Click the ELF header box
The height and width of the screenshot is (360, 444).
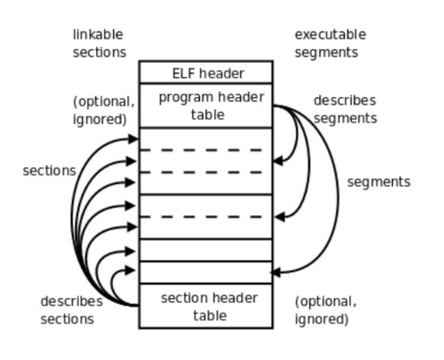(205, 72)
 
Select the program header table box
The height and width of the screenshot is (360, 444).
(205, 105)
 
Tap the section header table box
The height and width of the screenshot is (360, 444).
(205, 306)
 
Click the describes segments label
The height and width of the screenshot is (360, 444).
(344, 109)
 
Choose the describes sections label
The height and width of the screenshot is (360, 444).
(71, 309)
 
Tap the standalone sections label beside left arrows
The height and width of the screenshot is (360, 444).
(49, 171)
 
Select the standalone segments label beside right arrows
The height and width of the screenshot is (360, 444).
(379, 182)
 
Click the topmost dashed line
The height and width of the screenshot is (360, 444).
(205, 150)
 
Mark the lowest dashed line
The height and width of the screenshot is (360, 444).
(205, 216)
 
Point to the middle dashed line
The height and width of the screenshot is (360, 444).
(205, 172)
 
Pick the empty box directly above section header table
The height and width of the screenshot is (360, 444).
(205, 272)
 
